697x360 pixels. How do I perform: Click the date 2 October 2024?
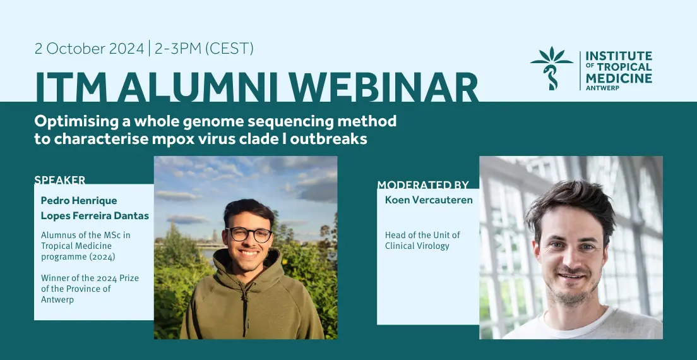click(x=90, y=49)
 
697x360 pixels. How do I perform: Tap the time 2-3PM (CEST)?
click(x=204, y=49)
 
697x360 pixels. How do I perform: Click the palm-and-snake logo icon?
click(x=552, y=68)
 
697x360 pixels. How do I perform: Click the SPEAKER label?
click(x=59, y=180)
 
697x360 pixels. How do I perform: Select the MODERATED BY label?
click(x=423, y=184)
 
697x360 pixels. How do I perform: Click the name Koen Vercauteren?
click(x=429, y=200)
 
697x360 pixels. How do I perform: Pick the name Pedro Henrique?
click(x=79, y=200)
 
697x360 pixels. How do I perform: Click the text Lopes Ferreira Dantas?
click(x=95, y=216)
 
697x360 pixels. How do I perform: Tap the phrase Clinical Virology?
click(x=417, y=246)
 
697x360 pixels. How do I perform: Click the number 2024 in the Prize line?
click(x=103, y=279)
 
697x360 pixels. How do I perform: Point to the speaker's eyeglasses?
click(x=249, y=234)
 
